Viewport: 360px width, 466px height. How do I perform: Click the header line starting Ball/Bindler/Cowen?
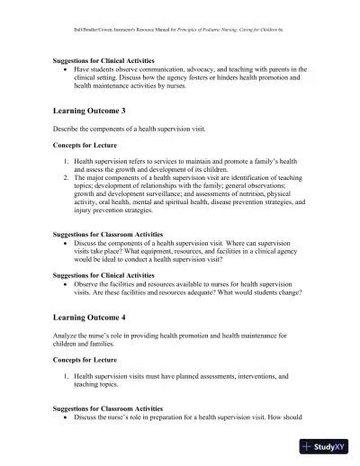point(179,29)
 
